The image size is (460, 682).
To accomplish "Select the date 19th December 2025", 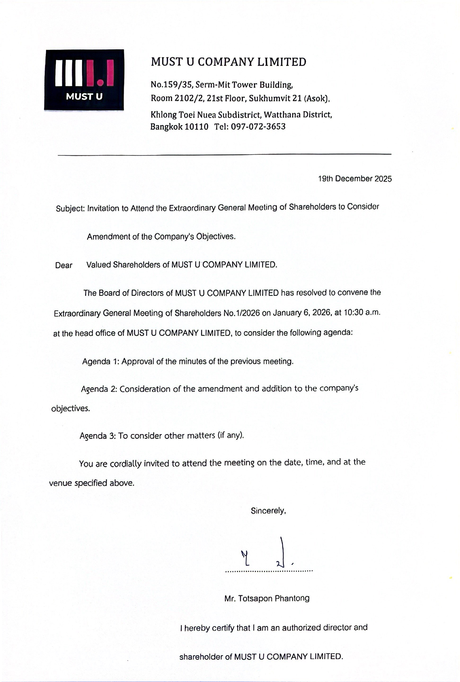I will [x=355, y=179].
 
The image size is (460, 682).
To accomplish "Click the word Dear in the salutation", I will [x=64, y=265].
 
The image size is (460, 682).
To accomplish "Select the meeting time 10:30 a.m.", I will [x=362, y=312].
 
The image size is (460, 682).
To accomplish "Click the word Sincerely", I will [x=268, y=511].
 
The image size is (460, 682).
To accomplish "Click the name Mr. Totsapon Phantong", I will [x=267, y=598].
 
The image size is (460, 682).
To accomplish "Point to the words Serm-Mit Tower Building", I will [x=244, y=85].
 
